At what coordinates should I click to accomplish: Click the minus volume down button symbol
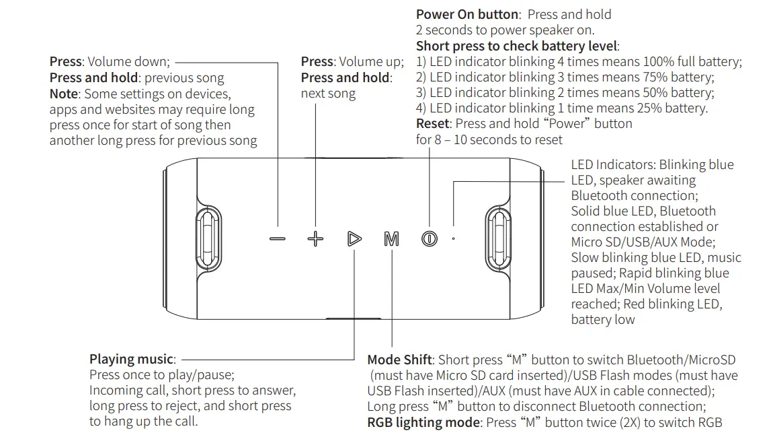click(x=277, y=239)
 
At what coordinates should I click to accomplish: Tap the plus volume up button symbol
click(x=315, y=239)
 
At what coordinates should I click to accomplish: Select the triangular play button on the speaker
click(x=354, y=239)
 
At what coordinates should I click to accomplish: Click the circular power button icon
click(x=430, y=239)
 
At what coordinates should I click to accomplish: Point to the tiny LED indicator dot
click(x=453, y=238)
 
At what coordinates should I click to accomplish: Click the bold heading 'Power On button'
click(x=467, y=14)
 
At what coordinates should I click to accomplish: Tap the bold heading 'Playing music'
click(x=132, y=360)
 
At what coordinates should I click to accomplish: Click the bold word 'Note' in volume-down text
click(x=64, y=94)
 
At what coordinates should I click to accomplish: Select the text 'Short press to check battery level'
click(x=516, y=46)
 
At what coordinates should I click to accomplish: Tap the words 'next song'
click(x=328, y=94)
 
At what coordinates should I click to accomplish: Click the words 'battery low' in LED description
click(x=603, y=320)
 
